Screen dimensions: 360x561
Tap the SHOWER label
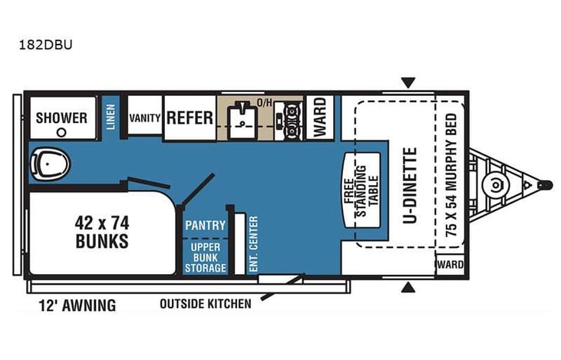(61, 118)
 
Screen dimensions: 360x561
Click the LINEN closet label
(111, 117)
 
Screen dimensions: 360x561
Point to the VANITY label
(144, 118)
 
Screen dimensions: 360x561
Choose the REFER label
(190, 118)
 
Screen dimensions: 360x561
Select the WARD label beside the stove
(319, 117)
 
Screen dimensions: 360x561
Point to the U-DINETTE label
(409, 187)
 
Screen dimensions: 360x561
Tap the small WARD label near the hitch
(450, 265)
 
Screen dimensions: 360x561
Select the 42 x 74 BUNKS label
(101, 232)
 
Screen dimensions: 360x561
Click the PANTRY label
(206, 226)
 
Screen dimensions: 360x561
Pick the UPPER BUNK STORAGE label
(206, 257)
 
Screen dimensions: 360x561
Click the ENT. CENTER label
(253, 244)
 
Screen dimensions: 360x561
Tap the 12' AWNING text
(77, 306)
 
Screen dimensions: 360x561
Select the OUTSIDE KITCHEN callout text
(205, 304)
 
